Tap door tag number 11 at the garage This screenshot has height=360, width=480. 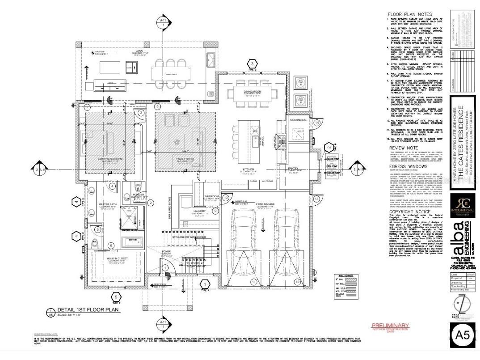point(253,282)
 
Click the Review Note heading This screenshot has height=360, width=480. point(403,147)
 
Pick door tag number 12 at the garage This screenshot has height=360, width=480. point(297,282)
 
